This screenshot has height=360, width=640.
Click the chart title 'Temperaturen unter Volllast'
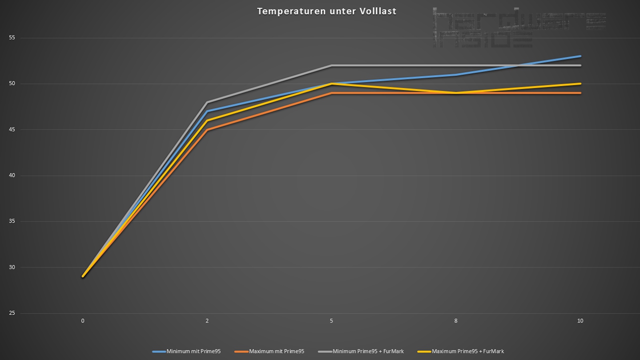coord(326,11)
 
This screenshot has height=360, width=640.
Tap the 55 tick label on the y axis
coord(12,38)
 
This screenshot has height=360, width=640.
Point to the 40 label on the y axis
coord(12,175)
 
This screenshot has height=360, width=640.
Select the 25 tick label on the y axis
coord(12,313)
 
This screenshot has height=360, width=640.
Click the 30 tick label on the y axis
coord(12,267)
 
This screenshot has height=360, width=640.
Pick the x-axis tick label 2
coord(207,321)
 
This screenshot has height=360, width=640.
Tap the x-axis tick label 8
coord(456,321)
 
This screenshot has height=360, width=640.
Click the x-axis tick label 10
coord(580,321)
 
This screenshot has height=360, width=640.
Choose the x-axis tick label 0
coord(83,321)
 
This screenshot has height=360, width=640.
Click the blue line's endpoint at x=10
coord(580,56)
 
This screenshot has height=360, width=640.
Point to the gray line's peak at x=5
coord(331,65)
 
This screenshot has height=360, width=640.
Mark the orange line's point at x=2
coord(207,129)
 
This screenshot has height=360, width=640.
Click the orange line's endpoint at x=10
coord(580,93)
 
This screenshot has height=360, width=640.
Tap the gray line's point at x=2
coord(207,102)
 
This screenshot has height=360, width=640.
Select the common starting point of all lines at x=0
coord(83,276)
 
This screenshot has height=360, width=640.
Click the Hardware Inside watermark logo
coord(519,27)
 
